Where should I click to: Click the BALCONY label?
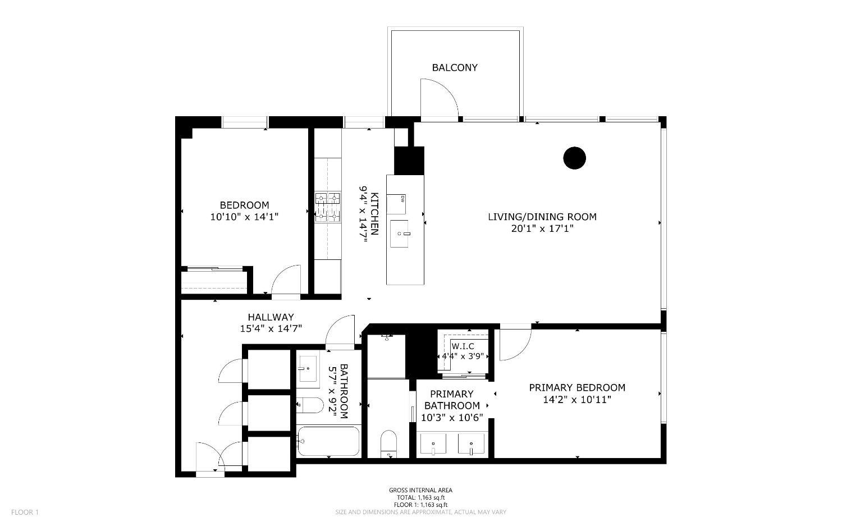click(455, 68)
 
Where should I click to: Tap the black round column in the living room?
click(574, 158)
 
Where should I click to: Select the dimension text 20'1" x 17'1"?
click(542, 228)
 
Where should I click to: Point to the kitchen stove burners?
click(327, 207)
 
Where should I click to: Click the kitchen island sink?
click(399, 234)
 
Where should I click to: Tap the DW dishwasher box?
click(396, 204)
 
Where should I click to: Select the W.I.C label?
click(463, 346)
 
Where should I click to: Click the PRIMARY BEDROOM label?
click(577, 388)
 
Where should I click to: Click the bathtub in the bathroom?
click(328, 441)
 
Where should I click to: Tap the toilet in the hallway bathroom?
click(310, 405)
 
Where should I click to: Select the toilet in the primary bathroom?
click(388, 444)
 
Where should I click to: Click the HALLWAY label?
click(271, 317)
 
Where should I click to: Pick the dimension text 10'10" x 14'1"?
click(244, 217)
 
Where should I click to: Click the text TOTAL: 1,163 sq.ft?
click(420, 497)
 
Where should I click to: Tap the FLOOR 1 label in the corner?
click(25, 512)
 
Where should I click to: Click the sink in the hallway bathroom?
click(308, 369)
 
